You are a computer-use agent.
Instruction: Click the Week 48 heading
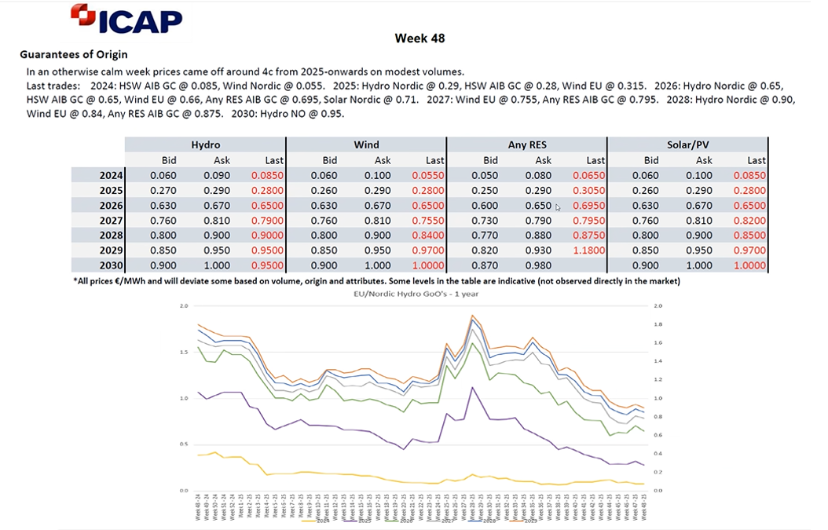[420, 38]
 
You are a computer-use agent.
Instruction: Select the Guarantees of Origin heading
[73, 55]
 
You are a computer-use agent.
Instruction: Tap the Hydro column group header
[205, 144]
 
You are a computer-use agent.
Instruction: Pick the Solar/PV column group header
[687, 144]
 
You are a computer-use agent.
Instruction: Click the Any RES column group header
[526, 144]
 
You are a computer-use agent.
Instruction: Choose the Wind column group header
[366, 144]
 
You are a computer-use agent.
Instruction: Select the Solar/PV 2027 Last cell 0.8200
[750, 221]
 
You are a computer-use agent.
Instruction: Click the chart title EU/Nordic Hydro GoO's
[420, 293]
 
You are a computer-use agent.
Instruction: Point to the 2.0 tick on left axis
[184, 305]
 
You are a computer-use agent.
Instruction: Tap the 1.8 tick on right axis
[658, 324]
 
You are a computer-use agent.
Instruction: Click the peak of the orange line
[473, 316]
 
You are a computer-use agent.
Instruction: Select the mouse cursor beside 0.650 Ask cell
[558, 207]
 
